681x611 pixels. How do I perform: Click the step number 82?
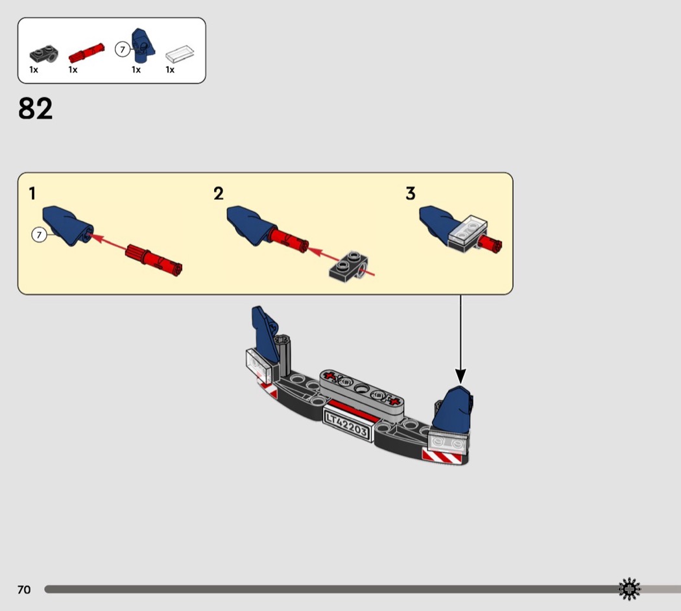[x=35, y=108]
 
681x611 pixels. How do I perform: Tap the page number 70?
[x=25, y=590]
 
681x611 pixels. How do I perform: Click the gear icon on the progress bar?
[x=629, y=590]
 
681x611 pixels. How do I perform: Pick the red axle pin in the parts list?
[x=86, y=53]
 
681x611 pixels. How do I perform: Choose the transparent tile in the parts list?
[x=180, y=53]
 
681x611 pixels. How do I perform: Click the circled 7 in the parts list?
[x=123, y=49]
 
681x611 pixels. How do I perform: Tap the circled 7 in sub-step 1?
[x=39, y=235]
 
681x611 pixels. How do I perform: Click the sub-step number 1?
[x=32, y=193]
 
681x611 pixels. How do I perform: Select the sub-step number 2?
[x=219, y=193]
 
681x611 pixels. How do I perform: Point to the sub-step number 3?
[x=411, y=193]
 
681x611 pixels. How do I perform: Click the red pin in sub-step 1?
[x=154, y=259]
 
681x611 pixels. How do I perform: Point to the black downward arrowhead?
[x=460, y=376]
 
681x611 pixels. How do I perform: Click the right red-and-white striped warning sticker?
[x=442, y=457]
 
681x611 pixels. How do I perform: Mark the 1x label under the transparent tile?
[x=170, y=69]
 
